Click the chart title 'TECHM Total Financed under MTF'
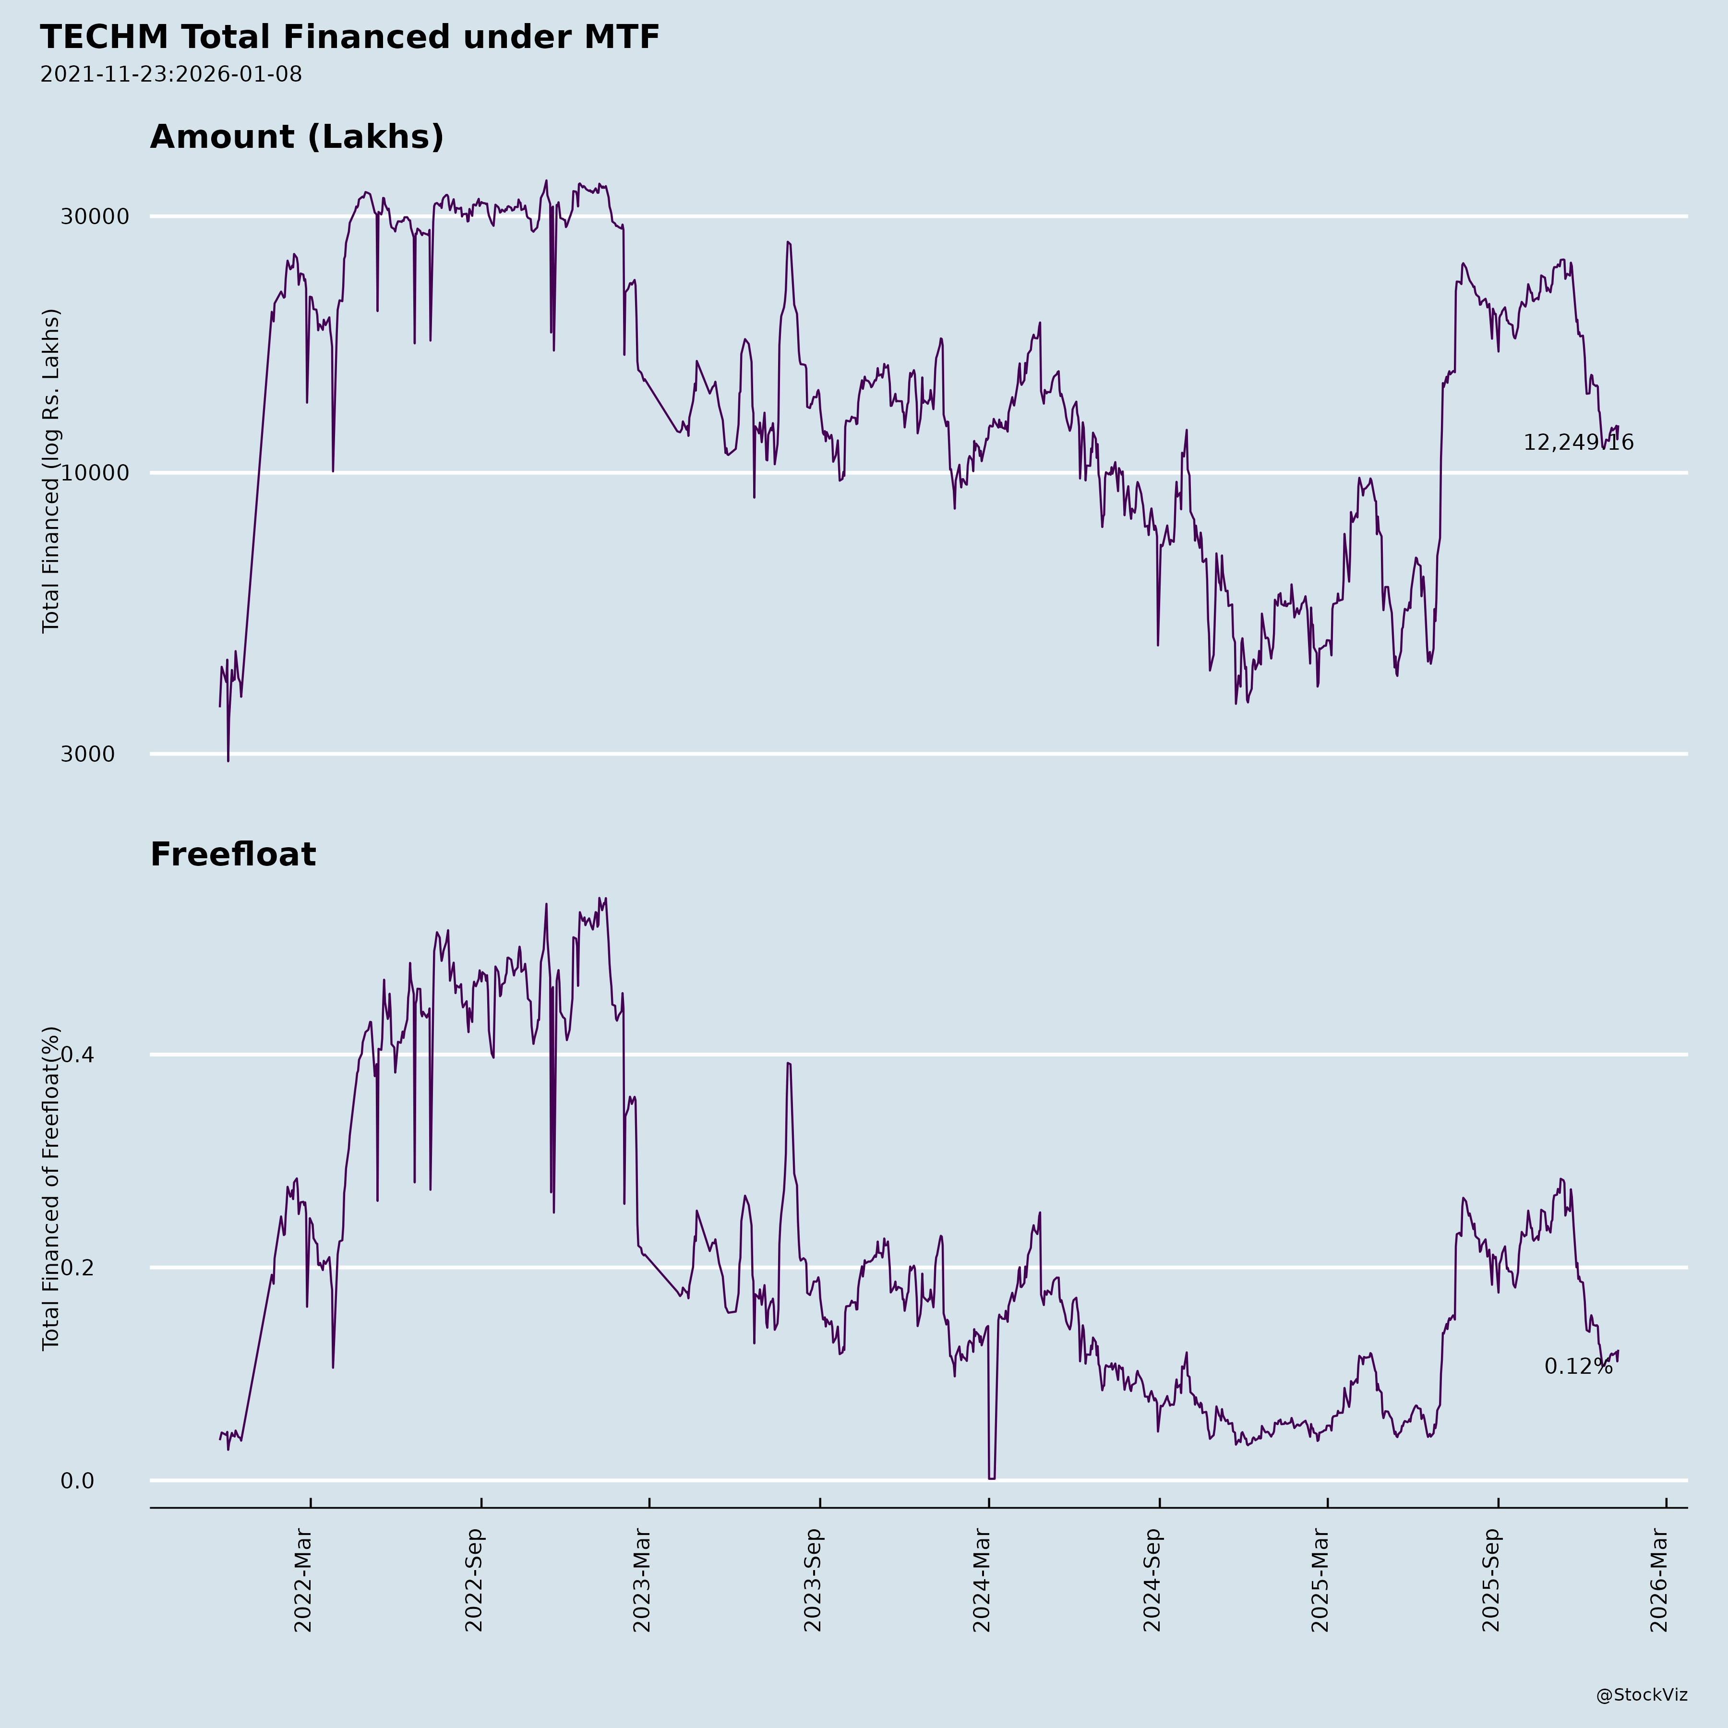point(350,37)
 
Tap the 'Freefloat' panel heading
point(232,854)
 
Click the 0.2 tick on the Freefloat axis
point(77,1267)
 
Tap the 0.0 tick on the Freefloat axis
point(77,1481)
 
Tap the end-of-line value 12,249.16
point(1578,443)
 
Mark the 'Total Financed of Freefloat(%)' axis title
point(51,1188)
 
